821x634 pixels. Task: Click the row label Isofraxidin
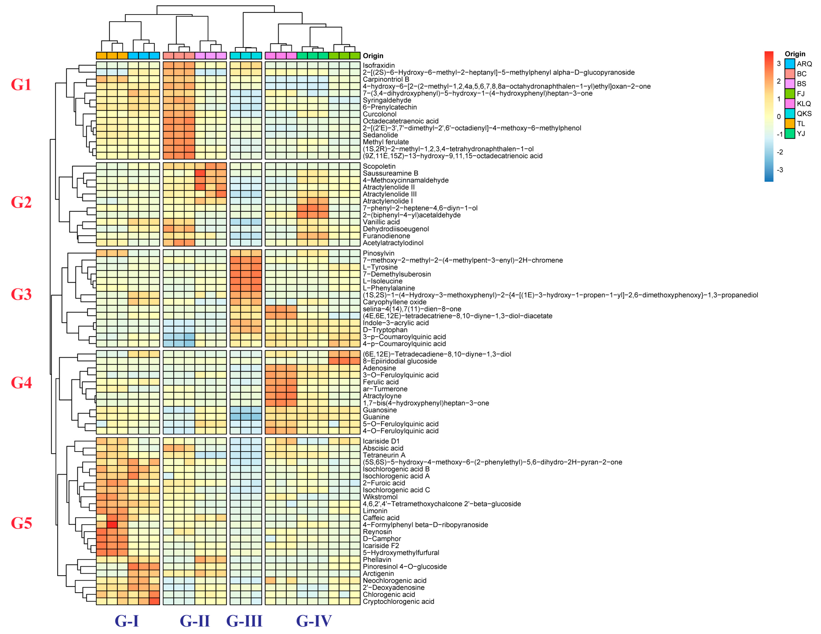pos(378,65)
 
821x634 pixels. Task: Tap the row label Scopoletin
pos(379,166)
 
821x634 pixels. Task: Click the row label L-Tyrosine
pos(380,267)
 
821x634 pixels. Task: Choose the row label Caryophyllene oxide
pos(394,302)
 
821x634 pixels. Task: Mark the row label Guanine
pos(376,417)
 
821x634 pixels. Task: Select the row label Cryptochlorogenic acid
pos(398,601)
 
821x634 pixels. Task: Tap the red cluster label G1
pos(21,85)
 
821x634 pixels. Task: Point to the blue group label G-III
pos(244,621)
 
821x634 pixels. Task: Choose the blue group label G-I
pos(127,621)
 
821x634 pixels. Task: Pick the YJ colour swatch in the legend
pos(789,133)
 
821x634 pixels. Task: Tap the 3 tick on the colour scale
pos(779,63)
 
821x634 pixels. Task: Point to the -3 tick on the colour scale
pos(780,170)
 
